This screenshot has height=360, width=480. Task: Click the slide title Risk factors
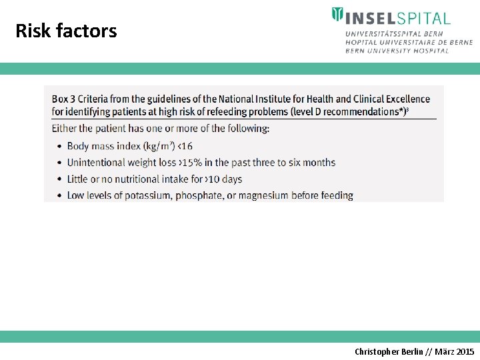point(66,31)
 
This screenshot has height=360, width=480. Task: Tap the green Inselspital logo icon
point(338,15)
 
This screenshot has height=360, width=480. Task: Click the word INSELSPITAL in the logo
point(397,17)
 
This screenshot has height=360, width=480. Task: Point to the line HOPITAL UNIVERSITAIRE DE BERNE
point(409,42)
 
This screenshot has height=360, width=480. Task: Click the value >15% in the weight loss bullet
point(191,163)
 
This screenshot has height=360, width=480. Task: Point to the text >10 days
point(223,179)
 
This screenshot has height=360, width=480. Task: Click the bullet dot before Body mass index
point(58,147)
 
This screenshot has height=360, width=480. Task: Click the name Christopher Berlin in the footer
point(388,351)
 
